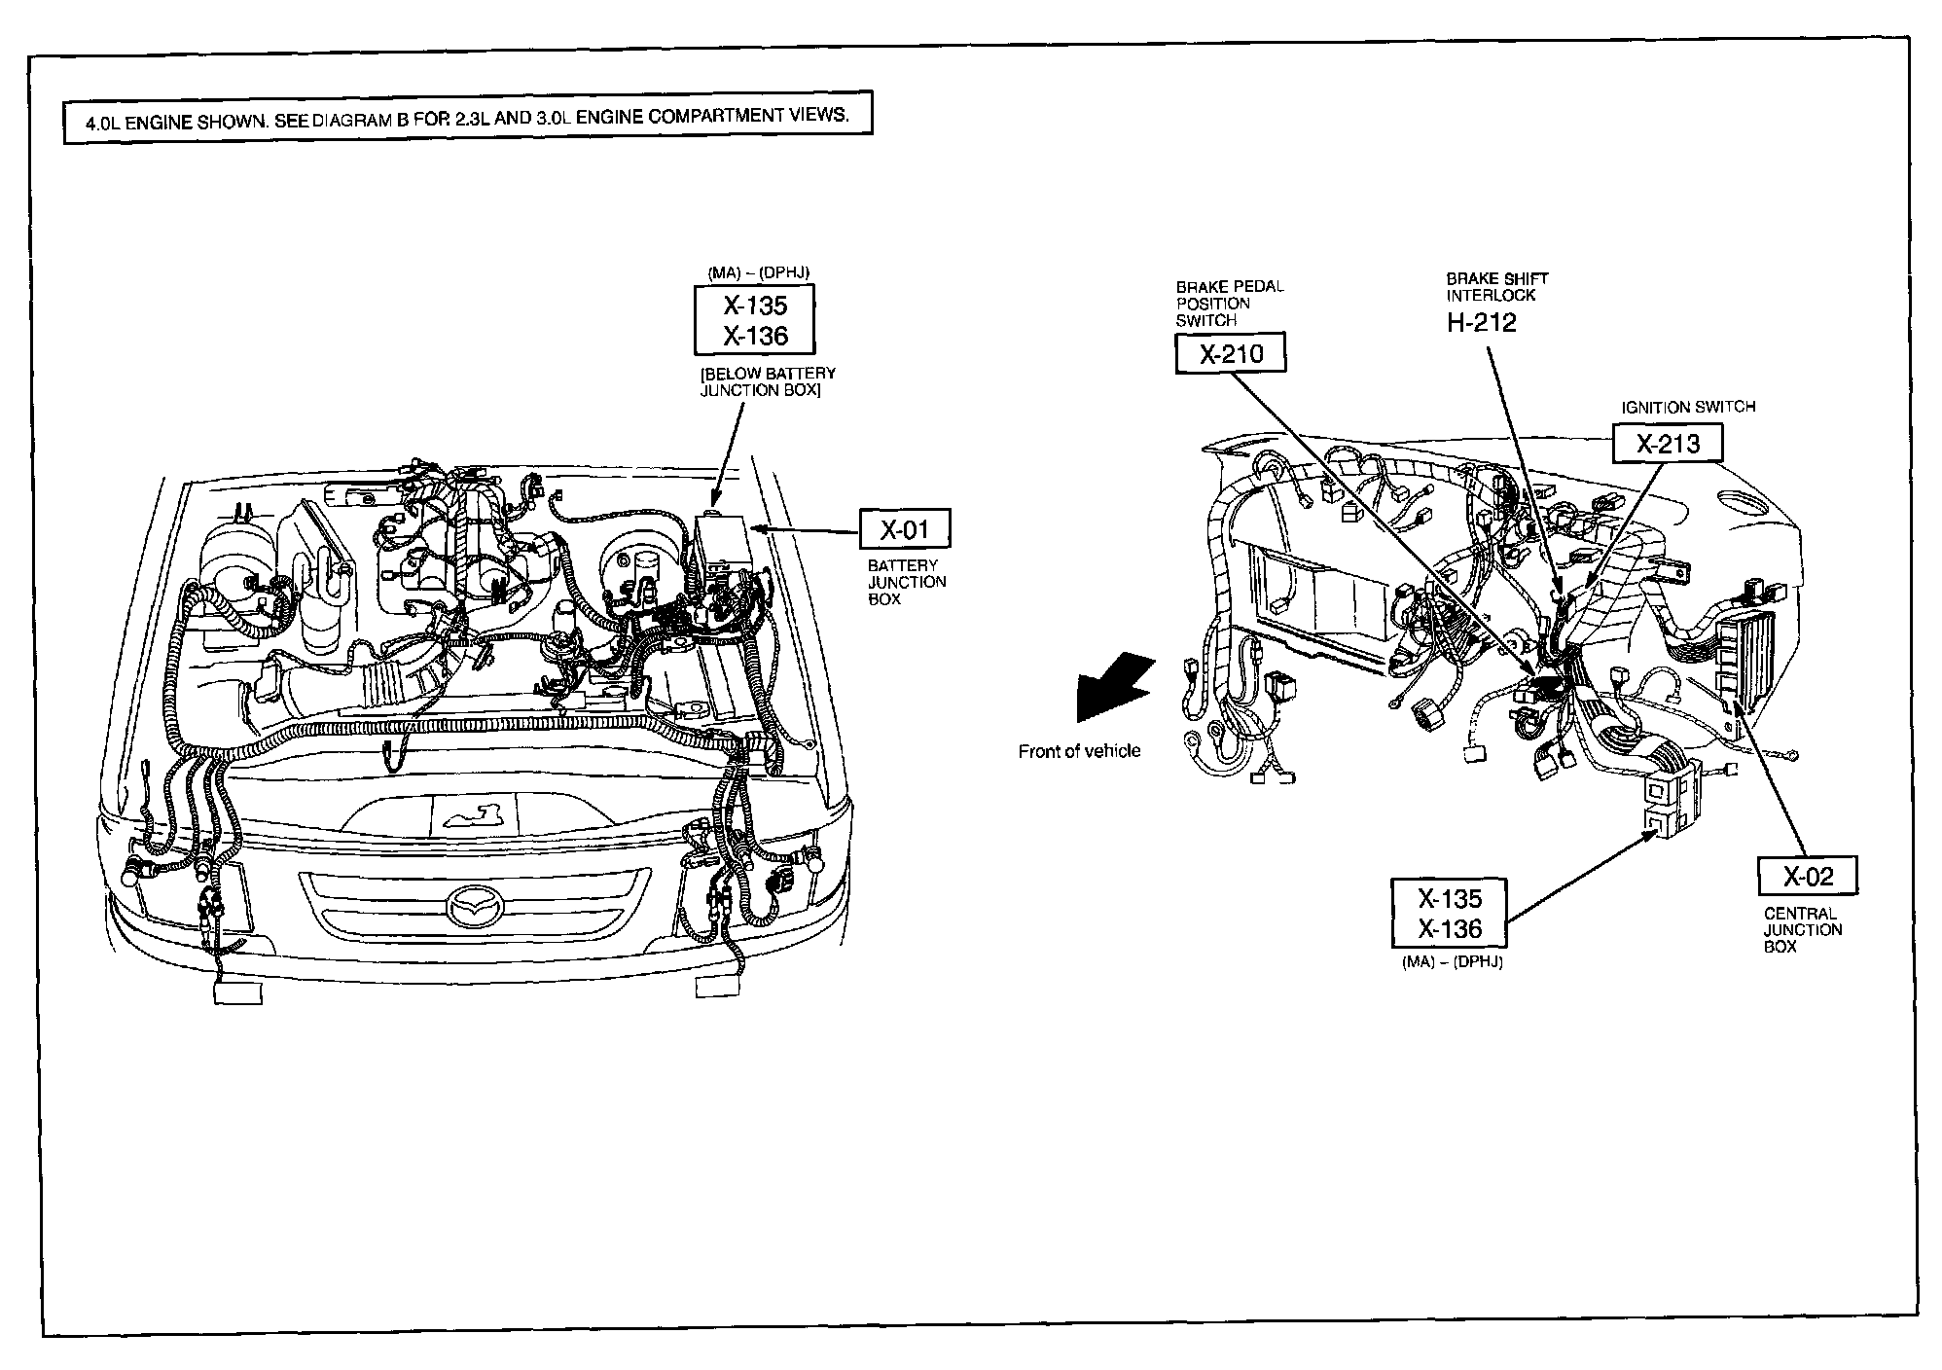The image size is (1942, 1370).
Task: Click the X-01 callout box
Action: pyautogui.click(x=904, y=529)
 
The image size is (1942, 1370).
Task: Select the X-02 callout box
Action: pyautogui.click(x=1808, y=876)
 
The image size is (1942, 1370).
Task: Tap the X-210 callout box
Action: pyautogui.click(x=1231, y=353)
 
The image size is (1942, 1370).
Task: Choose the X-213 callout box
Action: pyautogui.click(x=1668, y=444)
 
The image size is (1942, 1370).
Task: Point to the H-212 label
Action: pyautogui.click(x=1481, y=323)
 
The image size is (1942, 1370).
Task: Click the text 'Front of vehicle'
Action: pyautogui.click(x=1079, y=751)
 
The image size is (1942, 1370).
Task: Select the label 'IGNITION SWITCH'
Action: pyautogui.click(x=1688, y=407)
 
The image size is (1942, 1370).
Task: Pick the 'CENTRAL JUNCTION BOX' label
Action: pyautogui.click(x=1802, y=929)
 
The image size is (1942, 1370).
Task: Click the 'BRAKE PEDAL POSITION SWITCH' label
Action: pyautogui.click(x=1229, y=303)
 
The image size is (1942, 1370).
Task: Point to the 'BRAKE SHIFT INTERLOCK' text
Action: pyautogui.click(x=1496, y=286)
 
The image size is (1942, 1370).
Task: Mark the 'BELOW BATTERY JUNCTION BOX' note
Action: pyautogui.click(x=768, y=381)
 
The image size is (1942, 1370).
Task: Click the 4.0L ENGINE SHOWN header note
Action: pyautogui.click(x=467, y=117)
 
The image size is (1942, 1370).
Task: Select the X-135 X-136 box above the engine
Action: pyautogui.click(x=755, y=320)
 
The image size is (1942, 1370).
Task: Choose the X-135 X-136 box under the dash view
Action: pyautogui.click(x=1449, y=913)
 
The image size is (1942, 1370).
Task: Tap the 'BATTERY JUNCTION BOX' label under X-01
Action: pyautogui.click(x=907, y=582)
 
